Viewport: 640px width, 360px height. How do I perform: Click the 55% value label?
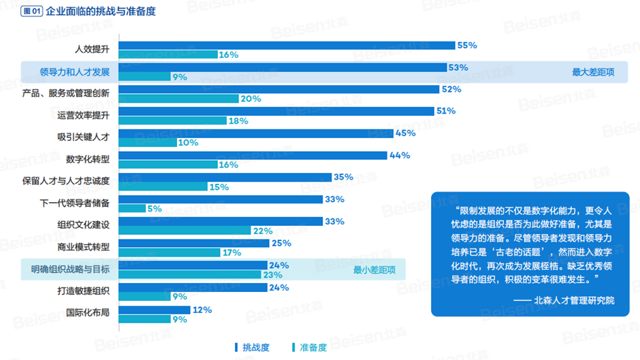466,46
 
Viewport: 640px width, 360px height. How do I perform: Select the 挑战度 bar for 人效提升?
287,46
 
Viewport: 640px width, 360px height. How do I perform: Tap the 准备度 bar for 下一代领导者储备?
132,208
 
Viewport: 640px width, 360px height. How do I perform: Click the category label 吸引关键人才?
83,137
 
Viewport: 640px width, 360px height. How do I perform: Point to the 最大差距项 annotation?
592,72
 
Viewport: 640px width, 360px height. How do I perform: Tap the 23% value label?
273,275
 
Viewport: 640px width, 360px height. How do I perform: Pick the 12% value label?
202,310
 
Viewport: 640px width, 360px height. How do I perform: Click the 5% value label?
154,208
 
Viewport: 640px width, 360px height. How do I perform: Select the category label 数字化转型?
88,159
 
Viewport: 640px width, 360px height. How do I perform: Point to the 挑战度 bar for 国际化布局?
155,310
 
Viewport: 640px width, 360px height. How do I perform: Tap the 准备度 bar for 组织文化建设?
185,231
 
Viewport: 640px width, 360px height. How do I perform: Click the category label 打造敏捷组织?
83,291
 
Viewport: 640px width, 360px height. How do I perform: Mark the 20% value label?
251,99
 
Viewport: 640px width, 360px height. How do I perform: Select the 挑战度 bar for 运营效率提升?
276,111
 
